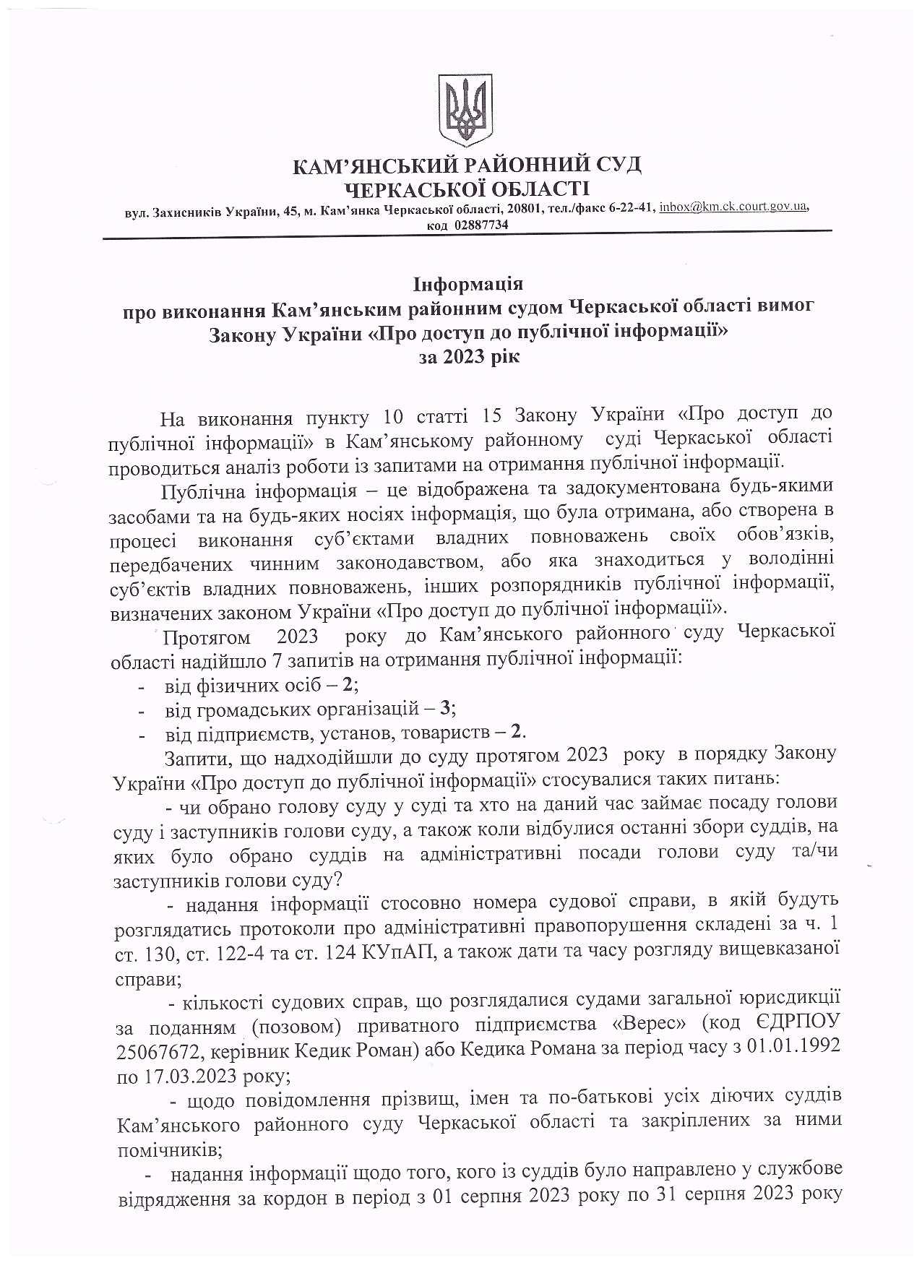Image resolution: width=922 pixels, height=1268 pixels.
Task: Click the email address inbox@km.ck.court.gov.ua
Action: click(x=733, y=207)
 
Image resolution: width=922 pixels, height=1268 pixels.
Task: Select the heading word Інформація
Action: click(x=468, y=282)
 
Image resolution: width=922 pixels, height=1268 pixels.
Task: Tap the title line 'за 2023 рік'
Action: click(x=468, y=357)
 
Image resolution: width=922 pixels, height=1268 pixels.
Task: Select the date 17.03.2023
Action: click(x=193, y=1073)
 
